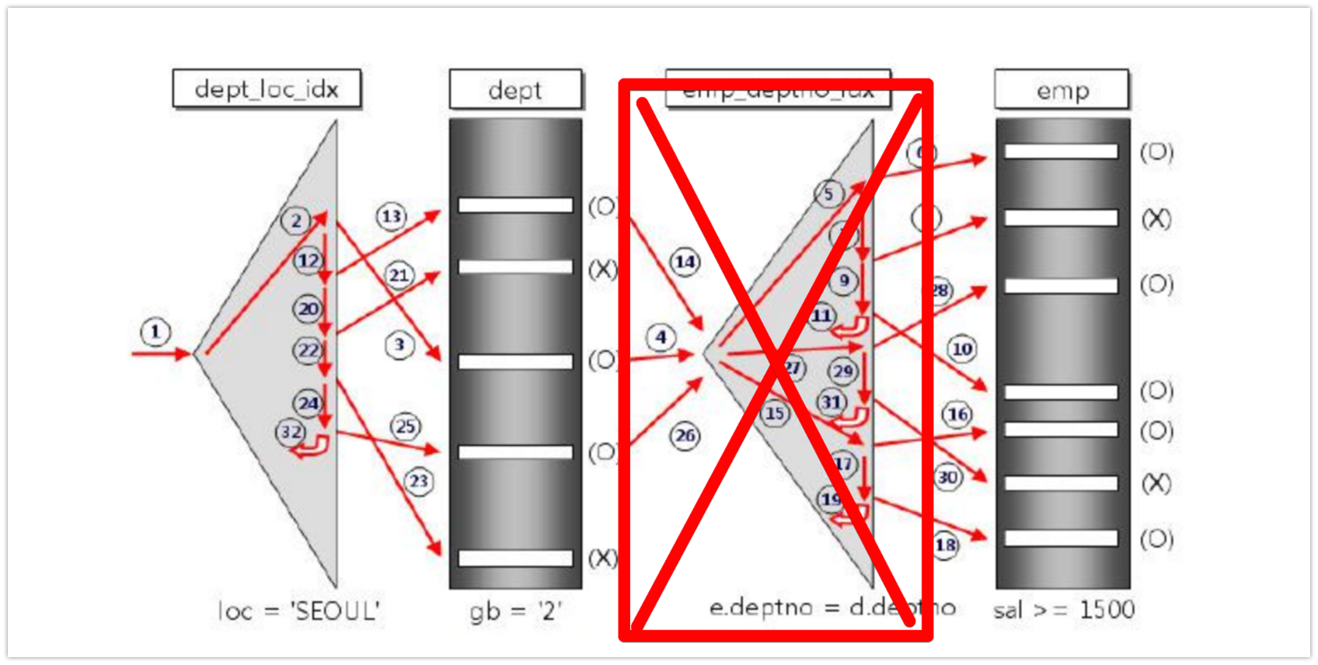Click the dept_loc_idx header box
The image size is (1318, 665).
267,89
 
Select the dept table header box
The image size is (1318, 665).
515,89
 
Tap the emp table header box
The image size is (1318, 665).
1062,89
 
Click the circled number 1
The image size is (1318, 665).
155,332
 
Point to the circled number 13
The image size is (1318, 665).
392,216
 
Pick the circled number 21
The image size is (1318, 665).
399,275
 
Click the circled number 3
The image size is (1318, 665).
399,345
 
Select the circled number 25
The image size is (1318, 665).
406,427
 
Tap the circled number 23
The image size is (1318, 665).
419,482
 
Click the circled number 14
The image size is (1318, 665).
685,262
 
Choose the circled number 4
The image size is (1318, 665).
661,337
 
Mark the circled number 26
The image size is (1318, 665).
685,436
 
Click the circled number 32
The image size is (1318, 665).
291,432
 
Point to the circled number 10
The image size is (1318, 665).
962,350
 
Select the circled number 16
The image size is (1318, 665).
957,414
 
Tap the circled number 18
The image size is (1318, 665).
945,545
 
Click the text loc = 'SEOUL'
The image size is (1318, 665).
299,611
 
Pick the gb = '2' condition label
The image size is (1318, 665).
515,611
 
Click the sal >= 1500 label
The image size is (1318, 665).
1063,610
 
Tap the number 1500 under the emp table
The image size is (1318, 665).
1106,610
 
